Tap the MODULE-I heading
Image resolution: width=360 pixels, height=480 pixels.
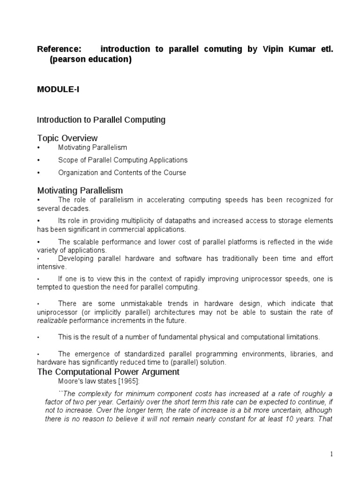tap(58, 90)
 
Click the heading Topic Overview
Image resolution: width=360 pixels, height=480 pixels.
tap(67, 138)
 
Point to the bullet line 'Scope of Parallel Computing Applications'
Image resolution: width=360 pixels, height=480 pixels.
tap(123, 160)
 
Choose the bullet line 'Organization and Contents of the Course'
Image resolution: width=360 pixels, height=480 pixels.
tap(122, 172)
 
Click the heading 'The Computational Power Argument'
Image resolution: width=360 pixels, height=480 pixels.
tap(108, 372)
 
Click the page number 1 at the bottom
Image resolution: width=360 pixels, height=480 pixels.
tap(331, 454)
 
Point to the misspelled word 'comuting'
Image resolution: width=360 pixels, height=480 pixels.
tap(223, 49)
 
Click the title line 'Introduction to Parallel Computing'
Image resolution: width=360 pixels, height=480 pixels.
tap(101, 120)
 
